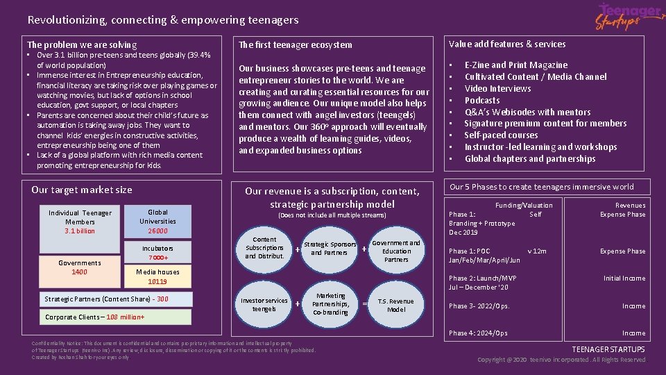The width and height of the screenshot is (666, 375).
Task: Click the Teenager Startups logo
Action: (629, 17)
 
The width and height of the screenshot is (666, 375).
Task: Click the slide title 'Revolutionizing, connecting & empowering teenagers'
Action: (163, 20)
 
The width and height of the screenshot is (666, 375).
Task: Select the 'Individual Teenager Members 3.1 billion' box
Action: (80, 222)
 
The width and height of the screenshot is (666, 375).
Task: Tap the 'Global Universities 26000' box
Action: (157, 221)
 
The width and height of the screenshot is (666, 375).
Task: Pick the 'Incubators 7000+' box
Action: (157, 253)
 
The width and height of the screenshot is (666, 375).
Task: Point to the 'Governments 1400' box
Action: (79, 267)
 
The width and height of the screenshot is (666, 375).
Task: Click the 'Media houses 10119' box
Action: (157, 276)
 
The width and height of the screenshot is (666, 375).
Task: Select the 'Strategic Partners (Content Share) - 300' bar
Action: (106, 299)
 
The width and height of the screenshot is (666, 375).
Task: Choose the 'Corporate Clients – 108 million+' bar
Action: (114, 317)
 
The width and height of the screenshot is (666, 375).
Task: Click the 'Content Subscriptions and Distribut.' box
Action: (264, 248)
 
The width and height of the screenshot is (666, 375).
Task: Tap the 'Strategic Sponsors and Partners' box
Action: (330, 249)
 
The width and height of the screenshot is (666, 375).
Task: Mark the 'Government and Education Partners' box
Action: (396, 251)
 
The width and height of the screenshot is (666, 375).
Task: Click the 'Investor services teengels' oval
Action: (264, 304)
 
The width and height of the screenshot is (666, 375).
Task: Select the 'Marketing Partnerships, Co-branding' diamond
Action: (330, 304)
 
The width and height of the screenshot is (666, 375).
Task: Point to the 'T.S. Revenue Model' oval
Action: (395, 305)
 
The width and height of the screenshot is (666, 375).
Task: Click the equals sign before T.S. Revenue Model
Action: (365, 303)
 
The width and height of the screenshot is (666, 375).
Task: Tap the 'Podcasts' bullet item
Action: (482, 100)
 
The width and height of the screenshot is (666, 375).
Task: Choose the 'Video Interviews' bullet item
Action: (497, 88)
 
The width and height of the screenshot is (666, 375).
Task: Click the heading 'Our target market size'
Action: (82, 190)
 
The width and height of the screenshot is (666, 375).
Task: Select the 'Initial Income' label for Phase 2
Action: (624, 278)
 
